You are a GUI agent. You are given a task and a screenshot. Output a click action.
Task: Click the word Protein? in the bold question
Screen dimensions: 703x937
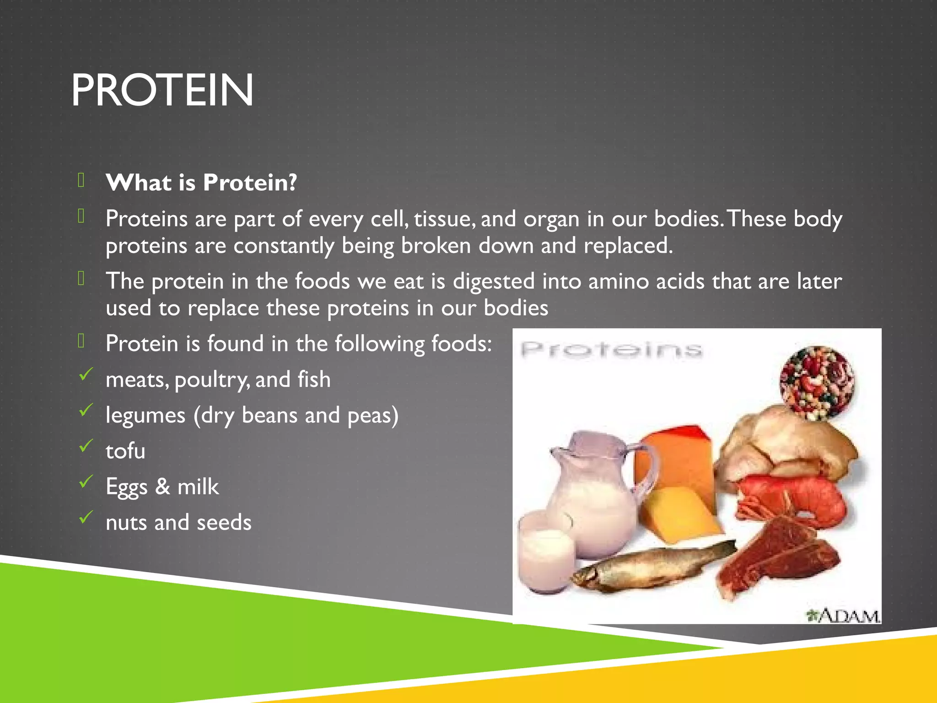pyautogui.click(x=250, y=183)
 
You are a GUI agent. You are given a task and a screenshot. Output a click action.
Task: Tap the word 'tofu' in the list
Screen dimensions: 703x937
pyautogui.click(x=125, y=451)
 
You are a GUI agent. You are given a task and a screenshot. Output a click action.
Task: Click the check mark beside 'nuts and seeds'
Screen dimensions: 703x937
pyautogui.click(x=86, y=517)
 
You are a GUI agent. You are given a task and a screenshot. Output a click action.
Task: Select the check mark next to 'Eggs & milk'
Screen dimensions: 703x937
pyautogui.click(x=86, y=481)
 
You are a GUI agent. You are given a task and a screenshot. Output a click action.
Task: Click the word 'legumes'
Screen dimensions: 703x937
pyautogui.click(x=145, y=416)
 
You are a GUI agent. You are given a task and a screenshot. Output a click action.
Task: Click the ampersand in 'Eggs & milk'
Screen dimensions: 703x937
pyautogui.click(x=162, y=486)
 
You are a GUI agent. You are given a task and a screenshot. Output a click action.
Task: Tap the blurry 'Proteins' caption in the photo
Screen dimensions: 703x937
pyautogui.click(x=611, y=350)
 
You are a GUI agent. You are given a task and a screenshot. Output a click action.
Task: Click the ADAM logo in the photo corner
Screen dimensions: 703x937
pyautogui.click(x=843, y=616)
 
